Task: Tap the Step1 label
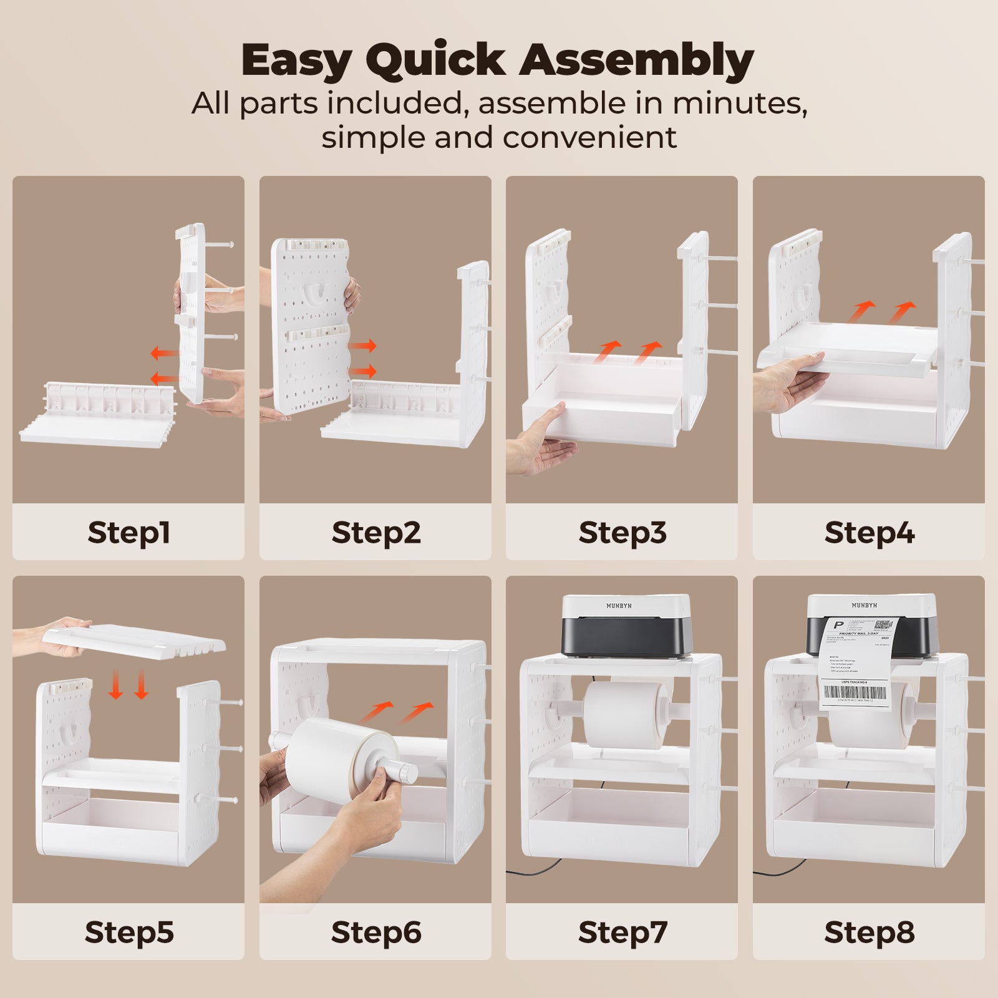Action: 128,533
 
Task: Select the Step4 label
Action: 869,533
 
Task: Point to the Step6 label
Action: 375,933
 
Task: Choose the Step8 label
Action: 869,933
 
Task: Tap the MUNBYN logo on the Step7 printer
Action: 618,606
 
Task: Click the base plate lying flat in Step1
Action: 94,430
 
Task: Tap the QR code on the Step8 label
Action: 883,625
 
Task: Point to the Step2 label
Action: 375,533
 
